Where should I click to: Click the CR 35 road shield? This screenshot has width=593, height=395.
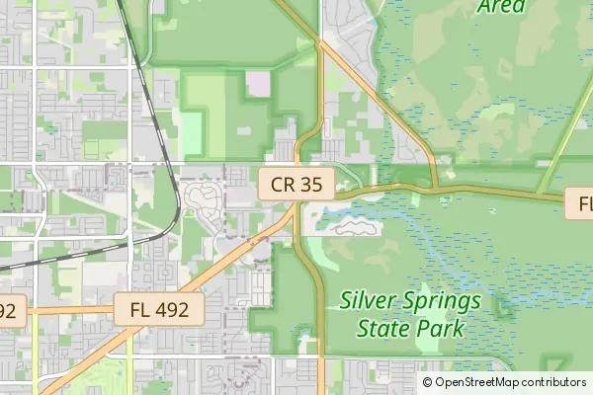(x=296, y=183)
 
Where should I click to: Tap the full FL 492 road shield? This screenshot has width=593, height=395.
(x=158, y=309)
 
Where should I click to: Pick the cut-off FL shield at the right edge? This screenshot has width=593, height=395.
(x=583, y=204)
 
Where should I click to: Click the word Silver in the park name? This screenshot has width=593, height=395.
(x=370, y=300)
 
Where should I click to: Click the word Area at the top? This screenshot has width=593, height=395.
(x=500, y=6)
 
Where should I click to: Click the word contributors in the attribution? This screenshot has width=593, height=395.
(x=551, y=382)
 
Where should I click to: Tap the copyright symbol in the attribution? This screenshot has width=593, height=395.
(x=428, y=382)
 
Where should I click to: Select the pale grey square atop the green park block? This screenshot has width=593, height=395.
(x=257, y=84)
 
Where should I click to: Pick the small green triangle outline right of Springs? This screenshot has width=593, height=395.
(x=502, y=312)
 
